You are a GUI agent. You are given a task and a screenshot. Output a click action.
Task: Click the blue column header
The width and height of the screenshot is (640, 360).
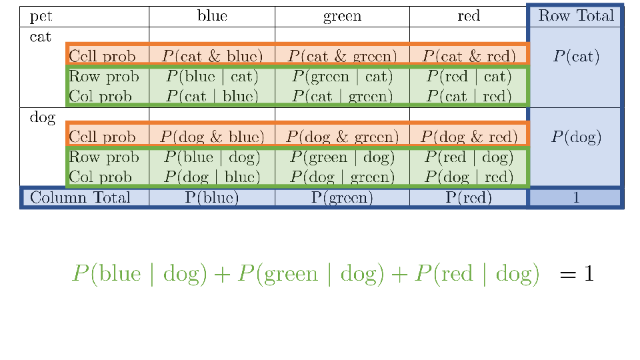tap(212, 16)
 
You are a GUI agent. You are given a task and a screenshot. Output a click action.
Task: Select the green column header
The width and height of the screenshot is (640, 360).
tap(342, 16)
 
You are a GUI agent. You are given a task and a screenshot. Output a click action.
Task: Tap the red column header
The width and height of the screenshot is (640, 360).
tap(469, 16)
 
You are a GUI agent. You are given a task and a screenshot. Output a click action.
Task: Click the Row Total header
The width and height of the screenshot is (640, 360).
tap(576, 16)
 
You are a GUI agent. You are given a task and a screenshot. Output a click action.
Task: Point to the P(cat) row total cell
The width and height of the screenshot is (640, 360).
tap(576, 57)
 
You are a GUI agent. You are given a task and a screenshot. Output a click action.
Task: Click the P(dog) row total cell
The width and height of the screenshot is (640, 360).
tap(576, 137)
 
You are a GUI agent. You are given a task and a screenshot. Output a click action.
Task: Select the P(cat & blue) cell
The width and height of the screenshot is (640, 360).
tap(212, 57)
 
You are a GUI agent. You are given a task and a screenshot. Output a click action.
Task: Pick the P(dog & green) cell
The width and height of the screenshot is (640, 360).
tap(342, 137)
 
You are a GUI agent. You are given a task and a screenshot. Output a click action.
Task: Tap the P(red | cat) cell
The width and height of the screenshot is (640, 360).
tap(469, 77)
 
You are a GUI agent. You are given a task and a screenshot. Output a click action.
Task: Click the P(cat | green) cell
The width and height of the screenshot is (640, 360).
tap(342, 97)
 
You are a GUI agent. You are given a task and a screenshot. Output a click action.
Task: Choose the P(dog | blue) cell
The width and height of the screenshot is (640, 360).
tap(212, 177)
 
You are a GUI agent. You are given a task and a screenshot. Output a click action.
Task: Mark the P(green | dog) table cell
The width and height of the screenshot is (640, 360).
tap(342, 158)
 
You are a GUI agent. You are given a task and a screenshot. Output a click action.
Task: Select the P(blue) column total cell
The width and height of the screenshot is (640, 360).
tap(212, 198)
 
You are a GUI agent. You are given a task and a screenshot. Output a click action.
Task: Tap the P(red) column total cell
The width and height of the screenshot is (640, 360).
tap(469, 198)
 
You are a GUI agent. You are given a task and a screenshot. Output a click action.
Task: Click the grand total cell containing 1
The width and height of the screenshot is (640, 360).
tap(576, 198)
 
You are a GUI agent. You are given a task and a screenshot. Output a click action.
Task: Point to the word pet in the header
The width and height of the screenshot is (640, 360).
tap(42, 16)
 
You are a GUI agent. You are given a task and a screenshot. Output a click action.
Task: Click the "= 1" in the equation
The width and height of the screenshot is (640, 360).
tap(576, 274)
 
